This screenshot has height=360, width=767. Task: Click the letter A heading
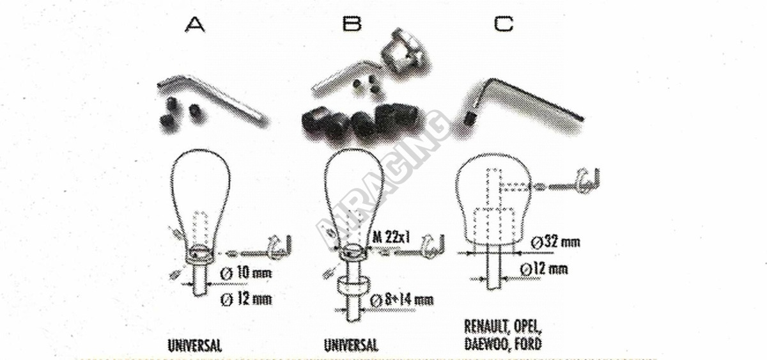click(195, 25)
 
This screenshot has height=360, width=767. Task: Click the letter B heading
click(352, 24)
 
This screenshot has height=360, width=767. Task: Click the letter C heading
click(504, 24)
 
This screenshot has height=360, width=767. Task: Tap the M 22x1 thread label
click(391, 237)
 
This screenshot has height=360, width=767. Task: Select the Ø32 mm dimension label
click(555, 242)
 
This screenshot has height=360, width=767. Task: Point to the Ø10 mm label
click(245, 273)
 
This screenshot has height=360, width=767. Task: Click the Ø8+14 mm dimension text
click(402, 301)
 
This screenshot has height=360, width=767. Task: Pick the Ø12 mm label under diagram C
click(544, 269)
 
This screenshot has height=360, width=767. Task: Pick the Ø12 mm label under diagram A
click(246, 300)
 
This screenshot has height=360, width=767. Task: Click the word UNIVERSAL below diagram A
click(195, 345)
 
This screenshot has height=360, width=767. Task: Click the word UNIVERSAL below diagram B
click(352, 345)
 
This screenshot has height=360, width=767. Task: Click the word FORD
click(529, 343)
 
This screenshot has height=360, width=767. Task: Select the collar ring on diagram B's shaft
click(353, 285)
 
